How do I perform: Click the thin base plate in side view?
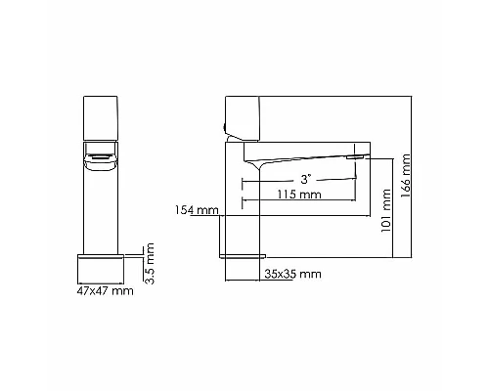click(x=242, y=253)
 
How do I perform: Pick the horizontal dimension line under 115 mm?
click(x=303, y=202)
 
